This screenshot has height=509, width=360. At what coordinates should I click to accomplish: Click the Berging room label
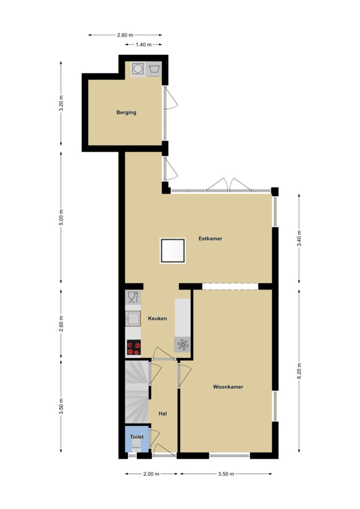126,113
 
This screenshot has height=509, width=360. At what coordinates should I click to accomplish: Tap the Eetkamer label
210,239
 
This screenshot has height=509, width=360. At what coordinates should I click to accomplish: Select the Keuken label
158,319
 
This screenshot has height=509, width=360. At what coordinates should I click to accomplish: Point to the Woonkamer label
228,387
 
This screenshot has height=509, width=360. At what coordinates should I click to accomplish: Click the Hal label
163,414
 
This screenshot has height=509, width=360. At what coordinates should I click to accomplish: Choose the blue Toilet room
137,438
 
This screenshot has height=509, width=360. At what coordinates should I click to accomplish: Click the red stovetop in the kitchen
133,347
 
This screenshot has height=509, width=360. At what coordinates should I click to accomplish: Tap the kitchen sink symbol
133,319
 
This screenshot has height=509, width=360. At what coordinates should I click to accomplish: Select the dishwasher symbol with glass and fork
133,297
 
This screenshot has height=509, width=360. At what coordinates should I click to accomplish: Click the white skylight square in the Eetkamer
173,251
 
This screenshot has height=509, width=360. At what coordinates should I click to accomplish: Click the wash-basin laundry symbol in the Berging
154,69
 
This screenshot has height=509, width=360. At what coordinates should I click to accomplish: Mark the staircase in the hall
137,392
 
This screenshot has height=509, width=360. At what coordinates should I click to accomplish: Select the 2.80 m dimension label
125,35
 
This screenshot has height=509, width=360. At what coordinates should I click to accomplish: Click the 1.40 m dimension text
144,44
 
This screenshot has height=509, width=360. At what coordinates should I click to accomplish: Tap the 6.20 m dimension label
299,370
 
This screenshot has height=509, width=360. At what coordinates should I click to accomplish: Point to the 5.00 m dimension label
61,218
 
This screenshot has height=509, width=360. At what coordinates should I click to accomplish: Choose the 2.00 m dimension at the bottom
151,474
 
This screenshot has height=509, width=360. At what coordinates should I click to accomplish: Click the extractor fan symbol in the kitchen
182,344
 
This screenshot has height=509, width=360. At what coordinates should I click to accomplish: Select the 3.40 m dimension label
299,239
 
